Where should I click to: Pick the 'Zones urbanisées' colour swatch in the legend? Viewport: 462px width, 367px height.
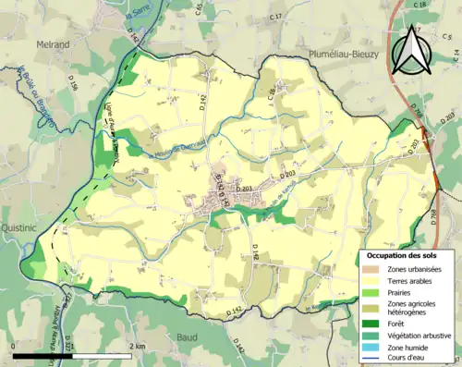coord(371,268)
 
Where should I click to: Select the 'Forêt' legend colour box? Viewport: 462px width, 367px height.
coord(371,322)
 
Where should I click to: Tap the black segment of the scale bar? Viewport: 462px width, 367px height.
coord(43,355)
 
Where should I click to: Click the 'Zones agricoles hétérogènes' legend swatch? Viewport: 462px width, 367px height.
coord(371,307)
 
